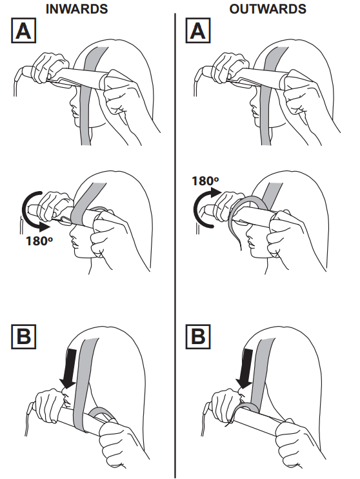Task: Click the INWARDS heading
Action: coord(77,8)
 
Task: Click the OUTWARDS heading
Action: coord(268,8)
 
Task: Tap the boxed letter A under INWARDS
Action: coord(23,30)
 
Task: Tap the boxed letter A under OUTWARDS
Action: coord(198,30)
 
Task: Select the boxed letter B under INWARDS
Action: coord(23,336)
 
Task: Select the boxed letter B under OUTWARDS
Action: coord(198,336)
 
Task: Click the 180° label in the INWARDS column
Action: coord(39,241)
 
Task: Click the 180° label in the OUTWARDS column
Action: coord(205,181)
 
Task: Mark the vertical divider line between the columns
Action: coord(175,245)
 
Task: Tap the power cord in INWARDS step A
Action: coord(16,80)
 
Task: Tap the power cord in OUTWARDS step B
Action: coord(205,418)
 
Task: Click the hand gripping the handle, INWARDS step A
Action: coord(48,66)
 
